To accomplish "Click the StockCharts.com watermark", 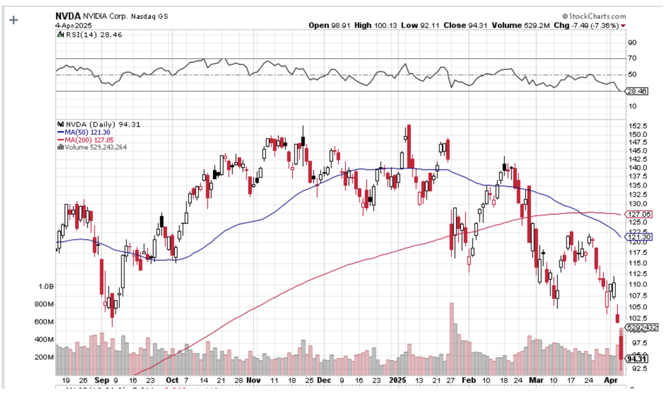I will (594, 17).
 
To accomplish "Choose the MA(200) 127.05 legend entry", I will (87, 140).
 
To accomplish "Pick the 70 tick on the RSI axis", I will (633, 59).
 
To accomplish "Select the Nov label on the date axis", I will (254, 380).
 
